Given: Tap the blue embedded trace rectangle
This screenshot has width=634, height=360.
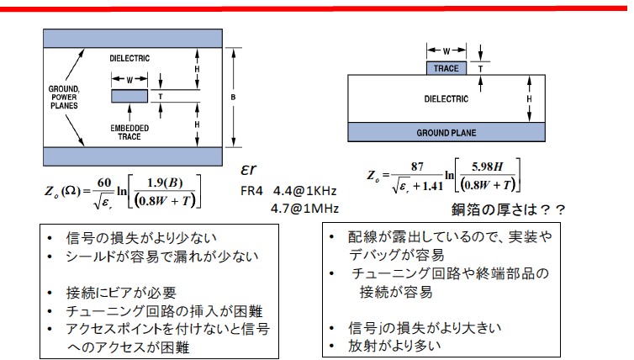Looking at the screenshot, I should [x=129, y=97].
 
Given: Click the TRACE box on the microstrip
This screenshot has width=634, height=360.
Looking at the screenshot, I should [x=446, y=68].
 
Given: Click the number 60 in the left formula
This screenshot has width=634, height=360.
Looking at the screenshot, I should [x=103, y=183].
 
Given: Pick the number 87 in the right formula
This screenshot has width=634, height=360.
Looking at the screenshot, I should [x=415, y=167].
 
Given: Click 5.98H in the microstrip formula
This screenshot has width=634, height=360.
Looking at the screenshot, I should [x=488, y=167].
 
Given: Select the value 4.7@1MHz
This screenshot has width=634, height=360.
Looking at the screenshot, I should [x=304, y=208].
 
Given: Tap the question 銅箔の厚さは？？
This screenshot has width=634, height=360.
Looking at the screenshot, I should [x=504, y=209].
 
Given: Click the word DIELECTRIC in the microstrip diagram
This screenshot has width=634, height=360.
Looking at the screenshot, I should [x=446, y=98].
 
